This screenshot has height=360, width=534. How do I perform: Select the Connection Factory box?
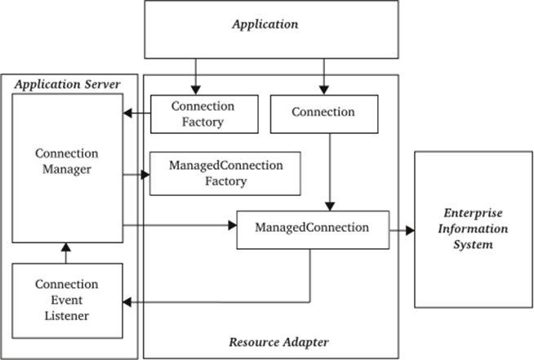click(x=202, y=113)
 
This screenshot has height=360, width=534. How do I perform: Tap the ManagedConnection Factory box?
click(x=225, y=172)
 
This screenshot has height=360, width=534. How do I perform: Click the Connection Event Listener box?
click(x=67, y=300)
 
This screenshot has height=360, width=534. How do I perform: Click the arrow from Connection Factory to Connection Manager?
click(x=136, y=113)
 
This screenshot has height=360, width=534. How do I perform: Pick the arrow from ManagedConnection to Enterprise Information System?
click(x=401, y=231)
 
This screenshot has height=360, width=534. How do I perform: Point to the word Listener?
click(x=67, y=315)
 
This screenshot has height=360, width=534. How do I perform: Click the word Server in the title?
click(x=103, y=82)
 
